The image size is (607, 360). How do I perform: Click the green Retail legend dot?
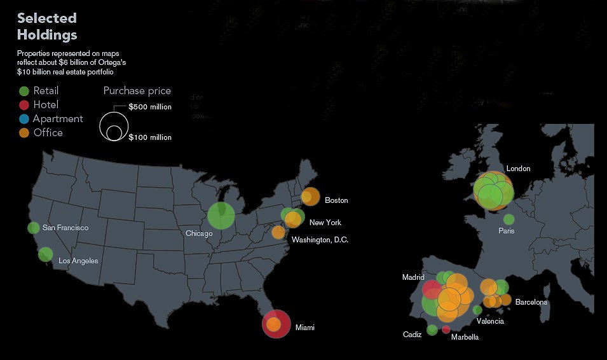[24, 91]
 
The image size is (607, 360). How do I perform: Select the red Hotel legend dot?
[24, 105]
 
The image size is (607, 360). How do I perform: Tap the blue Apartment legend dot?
[24, 119]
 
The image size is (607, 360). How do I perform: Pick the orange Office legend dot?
[24, 133]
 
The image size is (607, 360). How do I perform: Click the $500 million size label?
[149, 107]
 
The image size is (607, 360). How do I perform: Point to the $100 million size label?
[149, 137]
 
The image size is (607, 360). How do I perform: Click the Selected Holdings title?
[47, 26]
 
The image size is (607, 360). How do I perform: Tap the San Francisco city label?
[65, 228]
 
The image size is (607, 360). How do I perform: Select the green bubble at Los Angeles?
[45, 254]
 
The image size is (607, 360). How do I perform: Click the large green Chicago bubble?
[221, 216]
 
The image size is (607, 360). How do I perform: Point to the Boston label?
[336, 200]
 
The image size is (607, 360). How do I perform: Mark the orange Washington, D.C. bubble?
[278, 232]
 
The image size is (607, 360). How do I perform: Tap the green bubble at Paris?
[508, 219]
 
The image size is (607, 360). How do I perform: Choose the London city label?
[518, 169]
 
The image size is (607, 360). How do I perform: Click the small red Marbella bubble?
[446, 329]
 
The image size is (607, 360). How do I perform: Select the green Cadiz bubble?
[432, 329]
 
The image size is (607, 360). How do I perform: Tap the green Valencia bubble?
[477, 310]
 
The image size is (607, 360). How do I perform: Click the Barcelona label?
[531, 302]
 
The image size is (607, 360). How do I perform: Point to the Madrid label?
[413, 277]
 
